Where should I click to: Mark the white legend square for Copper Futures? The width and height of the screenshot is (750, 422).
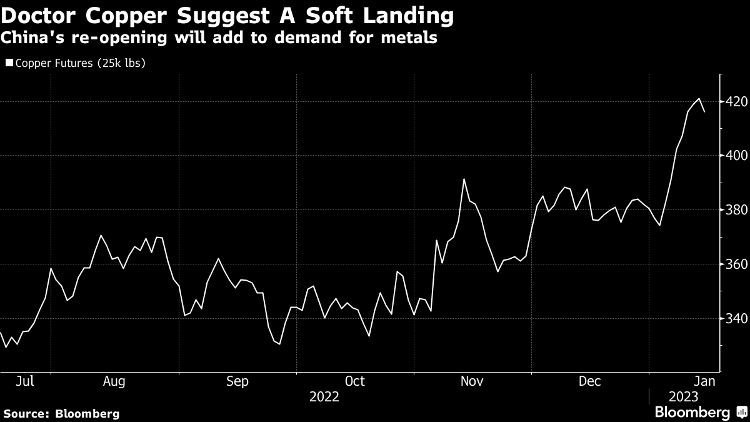coord(9,63)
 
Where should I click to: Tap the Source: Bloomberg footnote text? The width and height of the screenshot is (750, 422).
coord(61,413)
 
